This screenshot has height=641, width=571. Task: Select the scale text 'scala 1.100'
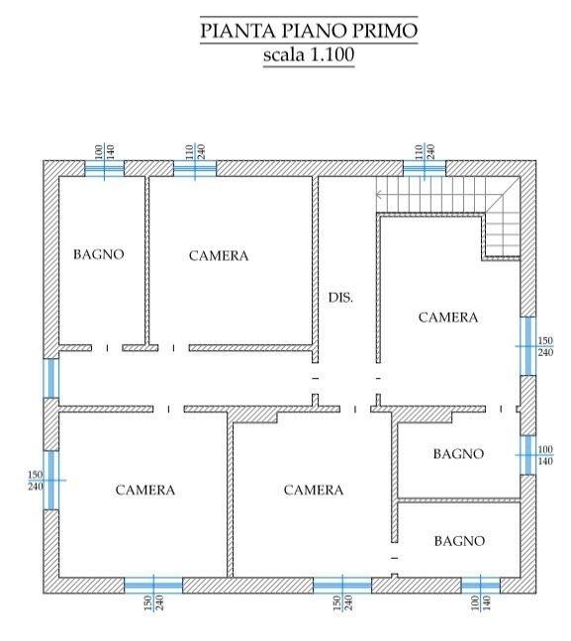click(309, 54)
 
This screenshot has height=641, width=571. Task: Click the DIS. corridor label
click(340, 297)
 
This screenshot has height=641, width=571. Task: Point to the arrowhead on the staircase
click(379, 195)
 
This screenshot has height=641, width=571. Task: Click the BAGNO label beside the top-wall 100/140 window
click(99, 254)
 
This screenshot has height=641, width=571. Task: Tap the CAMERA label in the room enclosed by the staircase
click(448, 318)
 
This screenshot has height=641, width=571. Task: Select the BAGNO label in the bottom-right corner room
click(459, 541)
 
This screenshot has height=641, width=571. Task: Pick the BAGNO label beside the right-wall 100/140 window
click(458, 453)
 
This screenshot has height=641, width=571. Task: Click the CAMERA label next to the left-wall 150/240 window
click(145, 490)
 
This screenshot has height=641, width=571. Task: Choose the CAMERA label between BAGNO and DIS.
click(219, 255)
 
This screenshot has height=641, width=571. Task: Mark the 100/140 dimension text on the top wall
click(104, 151)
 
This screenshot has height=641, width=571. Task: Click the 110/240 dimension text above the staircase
click(425, 151)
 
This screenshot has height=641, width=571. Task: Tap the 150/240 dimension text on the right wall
click(545, 346)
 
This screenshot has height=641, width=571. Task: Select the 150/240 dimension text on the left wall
click(36, 481)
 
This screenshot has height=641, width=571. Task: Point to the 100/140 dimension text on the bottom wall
click(481, 603)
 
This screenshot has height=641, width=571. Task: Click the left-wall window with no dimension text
click(51, 378)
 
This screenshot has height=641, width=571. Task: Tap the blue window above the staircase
click(425, 169)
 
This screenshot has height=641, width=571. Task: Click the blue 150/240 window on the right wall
click(528, 346)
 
